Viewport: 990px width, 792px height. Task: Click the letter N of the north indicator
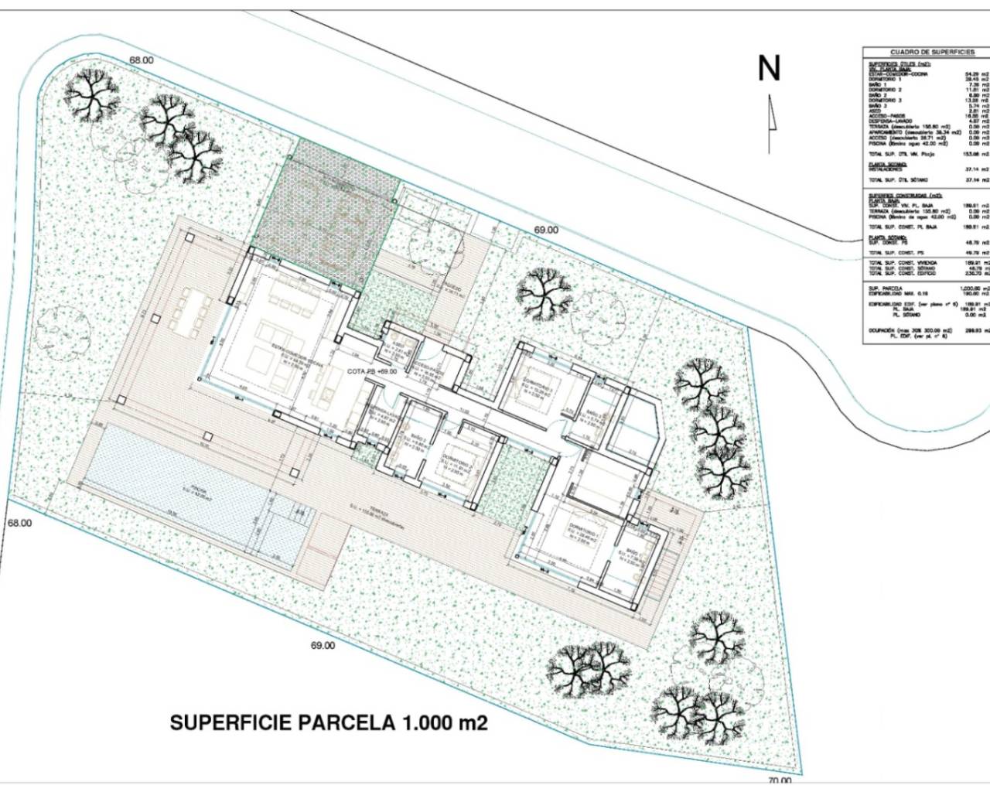pyautogui.click(x=768, y=69)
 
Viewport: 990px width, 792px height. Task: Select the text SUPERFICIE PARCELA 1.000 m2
pyautogui.click(x=329, y=723)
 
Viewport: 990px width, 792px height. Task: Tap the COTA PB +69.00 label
pyautogui.click(x=372, y=371)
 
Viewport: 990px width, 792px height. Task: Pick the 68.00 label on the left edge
pyautogui.click(x=19, y=523)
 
